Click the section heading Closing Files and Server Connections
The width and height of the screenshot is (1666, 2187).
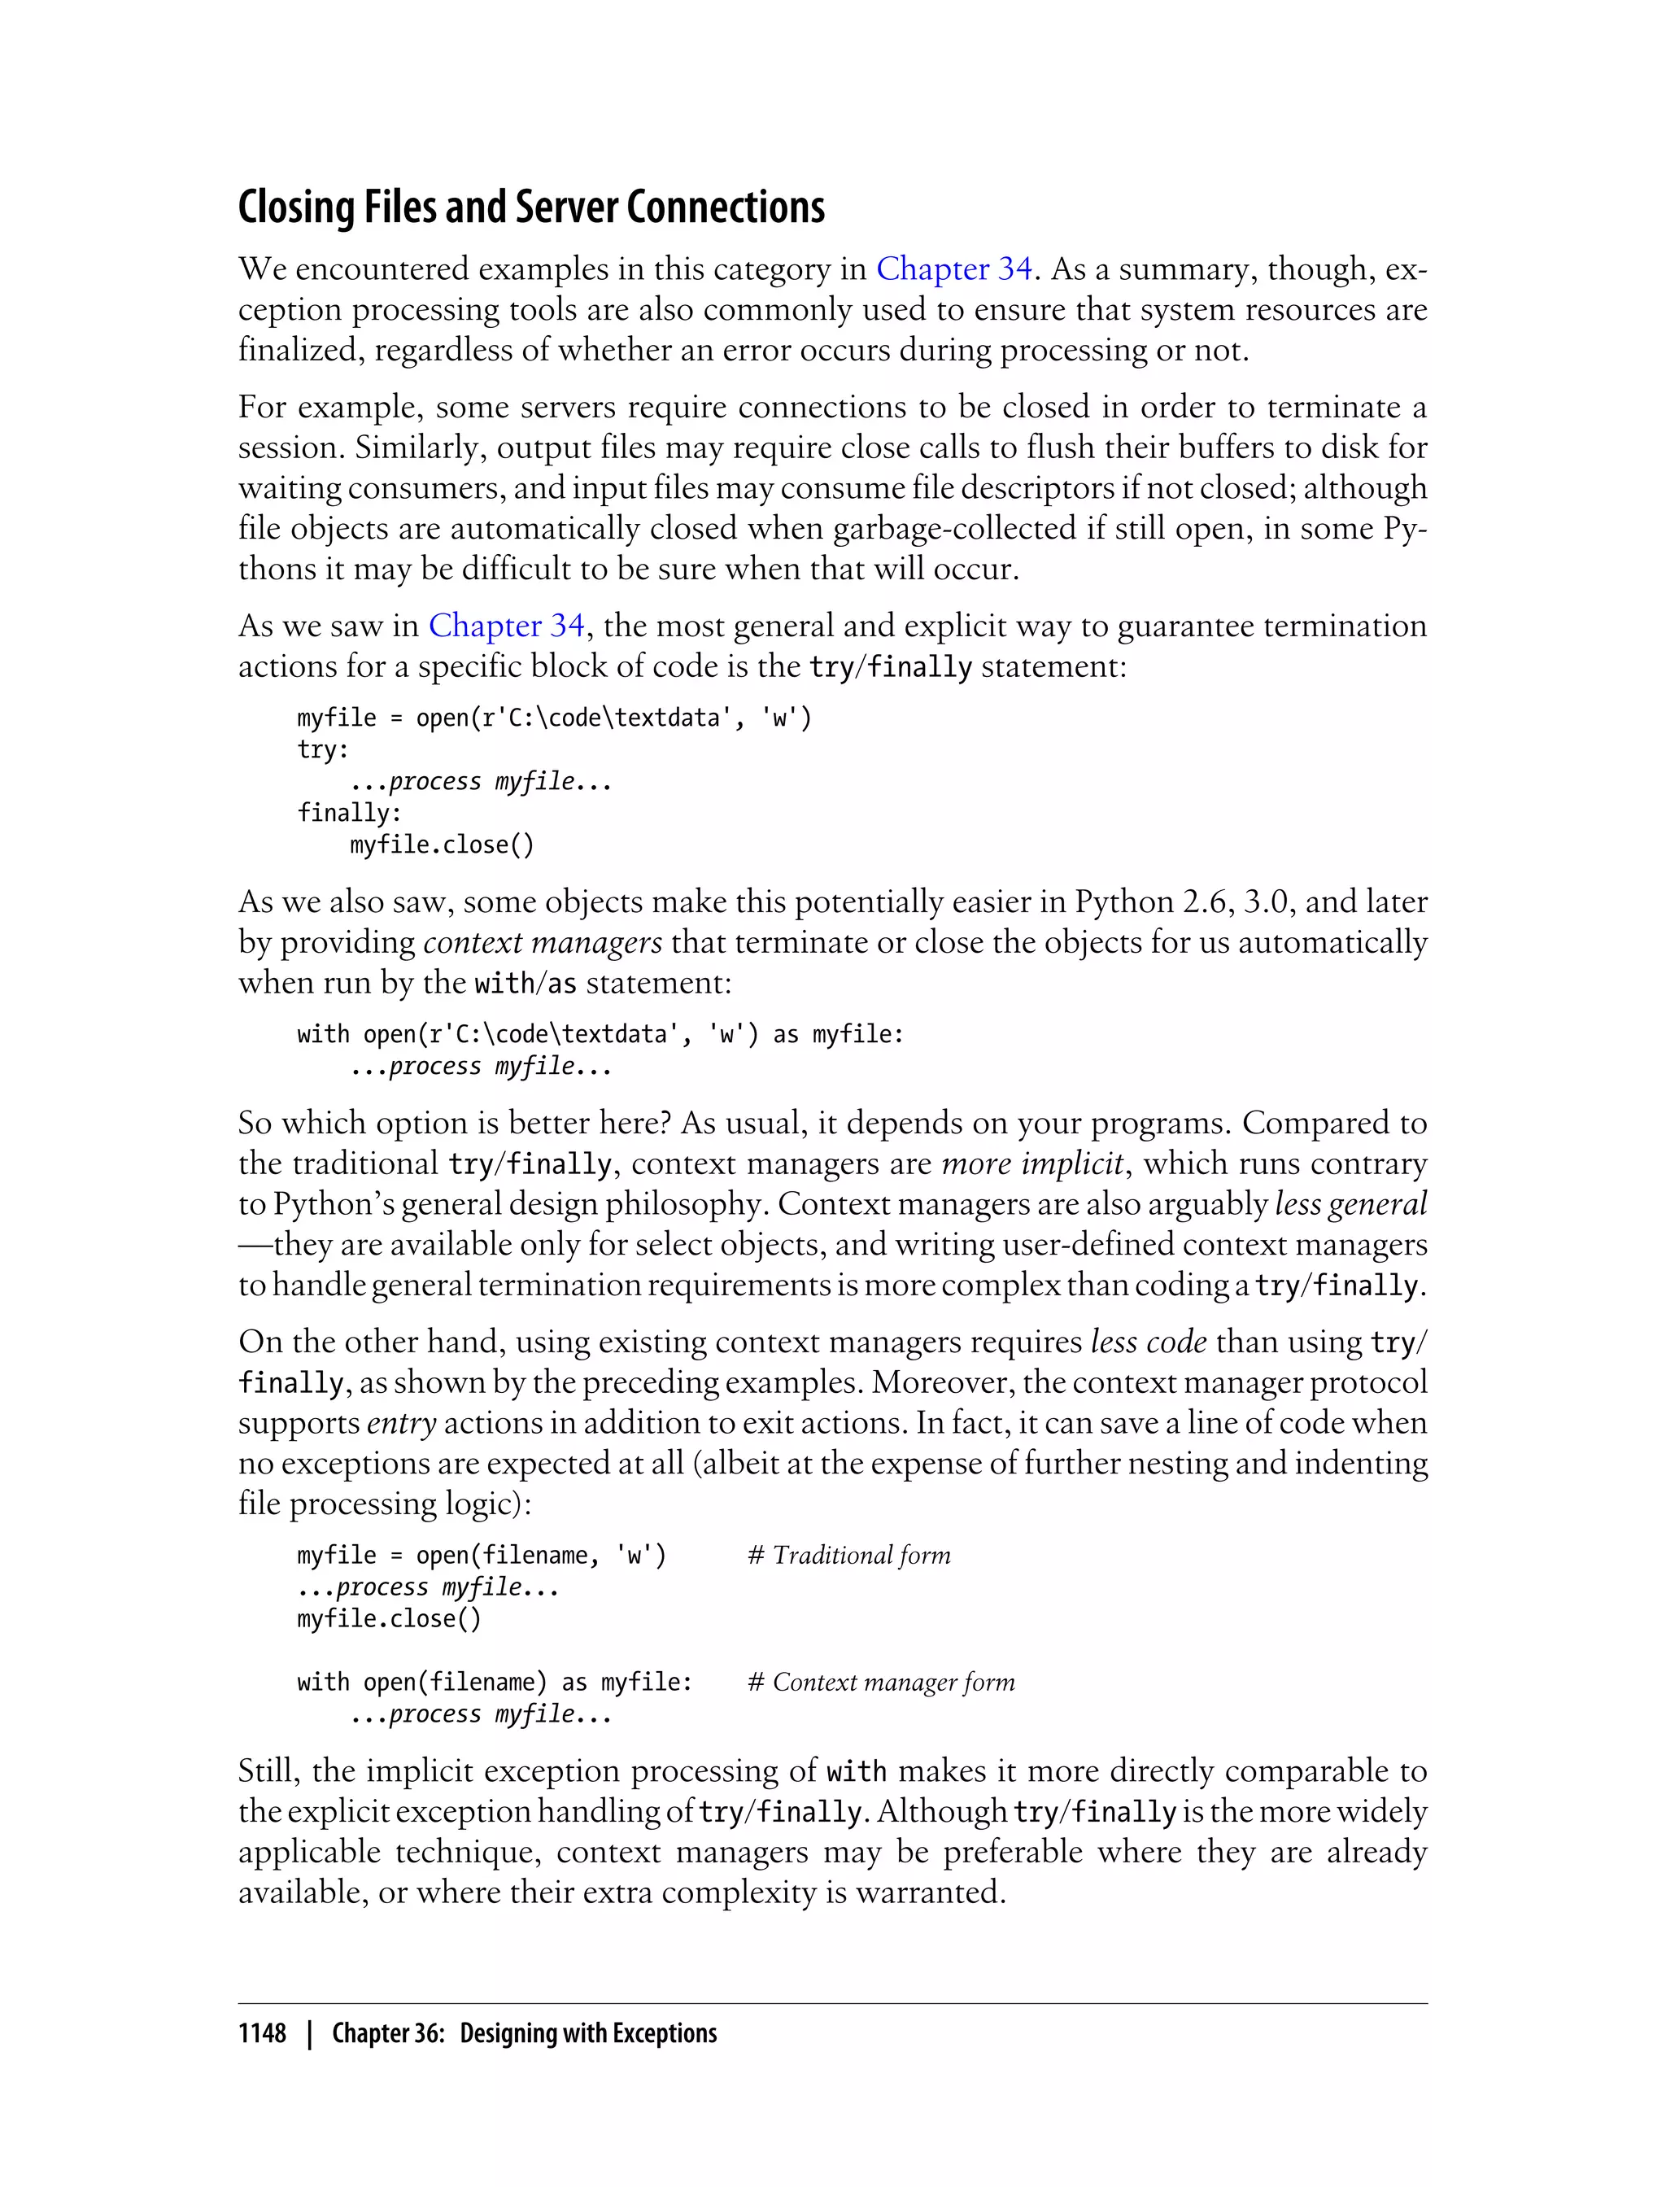point(530,207)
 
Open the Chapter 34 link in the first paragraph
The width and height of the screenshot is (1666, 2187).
point(954,268)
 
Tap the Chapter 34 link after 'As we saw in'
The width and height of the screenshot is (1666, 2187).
point(506,626)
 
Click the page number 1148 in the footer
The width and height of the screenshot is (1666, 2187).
point(262,2033)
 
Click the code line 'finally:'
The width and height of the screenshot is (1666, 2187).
point(349,814)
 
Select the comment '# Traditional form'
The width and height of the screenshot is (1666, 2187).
point(849,1555)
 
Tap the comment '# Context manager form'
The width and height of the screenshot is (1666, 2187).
point(881,1683)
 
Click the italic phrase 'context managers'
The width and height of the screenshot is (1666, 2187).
point(543,942)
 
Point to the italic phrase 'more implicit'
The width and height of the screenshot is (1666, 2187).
point(1032,1163)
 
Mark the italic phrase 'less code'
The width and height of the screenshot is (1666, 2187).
point(1149,1342)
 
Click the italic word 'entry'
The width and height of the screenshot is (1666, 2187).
point(402,1423)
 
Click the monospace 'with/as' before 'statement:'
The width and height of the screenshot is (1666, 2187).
point(526,984)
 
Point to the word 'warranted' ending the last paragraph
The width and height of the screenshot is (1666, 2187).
point(928,1892)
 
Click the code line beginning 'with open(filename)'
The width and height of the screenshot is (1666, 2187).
point(494,1683)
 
